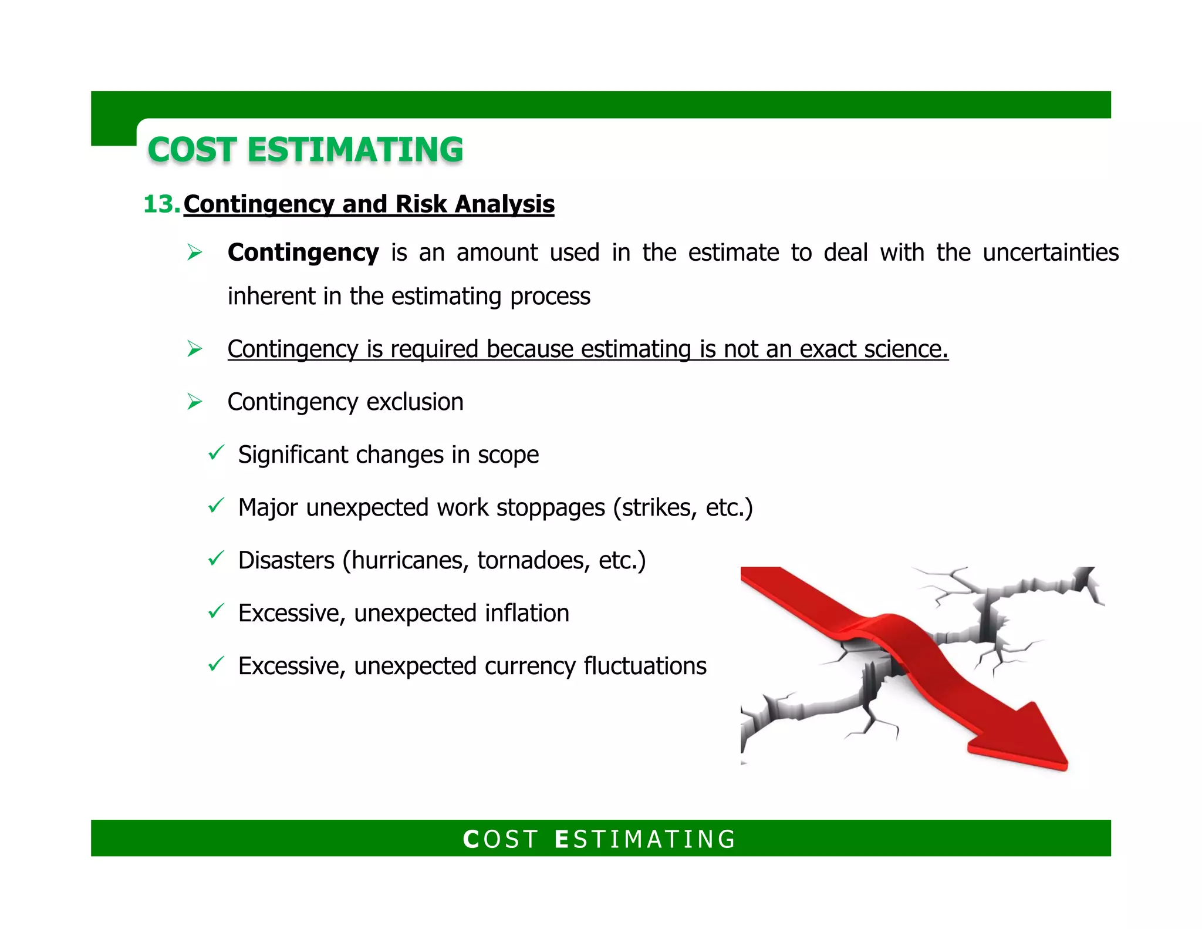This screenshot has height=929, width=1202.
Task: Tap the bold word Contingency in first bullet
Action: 303,253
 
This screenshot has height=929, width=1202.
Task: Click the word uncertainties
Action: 1051,253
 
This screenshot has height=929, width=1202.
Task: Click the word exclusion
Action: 415,402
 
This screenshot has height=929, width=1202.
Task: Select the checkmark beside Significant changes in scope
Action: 216,453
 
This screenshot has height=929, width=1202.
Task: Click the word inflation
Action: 527,614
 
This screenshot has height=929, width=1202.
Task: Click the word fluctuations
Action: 645,667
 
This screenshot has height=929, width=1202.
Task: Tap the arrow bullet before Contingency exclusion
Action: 194,402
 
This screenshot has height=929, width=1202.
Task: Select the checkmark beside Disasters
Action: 216,558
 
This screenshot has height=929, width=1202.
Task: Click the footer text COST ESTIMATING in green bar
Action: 600,839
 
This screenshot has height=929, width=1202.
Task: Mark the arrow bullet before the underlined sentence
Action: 194,349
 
